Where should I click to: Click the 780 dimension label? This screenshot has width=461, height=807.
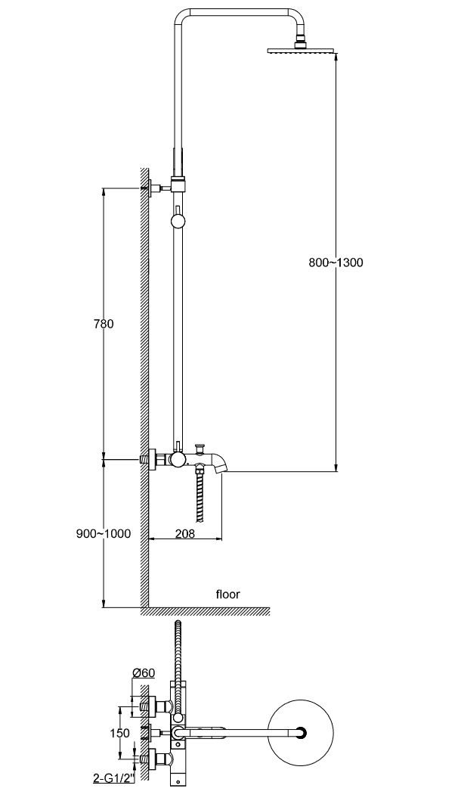point(103,324)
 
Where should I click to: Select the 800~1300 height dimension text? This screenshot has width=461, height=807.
point(336,263)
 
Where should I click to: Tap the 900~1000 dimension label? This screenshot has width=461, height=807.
point(104,533)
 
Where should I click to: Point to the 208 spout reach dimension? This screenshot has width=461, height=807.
point(185,533)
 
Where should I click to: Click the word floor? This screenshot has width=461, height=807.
point(227,594)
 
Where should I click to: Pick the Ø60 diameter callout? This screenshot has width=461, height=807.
point(144,672)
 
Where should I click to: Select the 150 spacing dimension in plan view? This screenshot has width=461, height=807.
point(119,733)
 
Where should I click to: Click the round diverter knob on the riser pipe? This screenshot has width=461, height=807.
point(178,221)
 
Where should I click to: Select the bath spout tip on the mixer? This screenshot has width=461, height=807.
point(220,470)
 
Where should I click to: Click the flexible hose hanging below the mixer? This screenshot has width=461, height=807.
point(200,495)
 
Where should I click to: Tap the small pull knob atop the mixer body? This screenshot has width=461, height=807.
point(200,446)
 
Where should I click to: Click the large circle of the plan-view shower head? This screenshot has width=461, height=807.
point(303,732)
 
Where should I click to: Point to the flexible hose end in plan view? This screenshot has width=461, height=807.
point(178,628)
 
